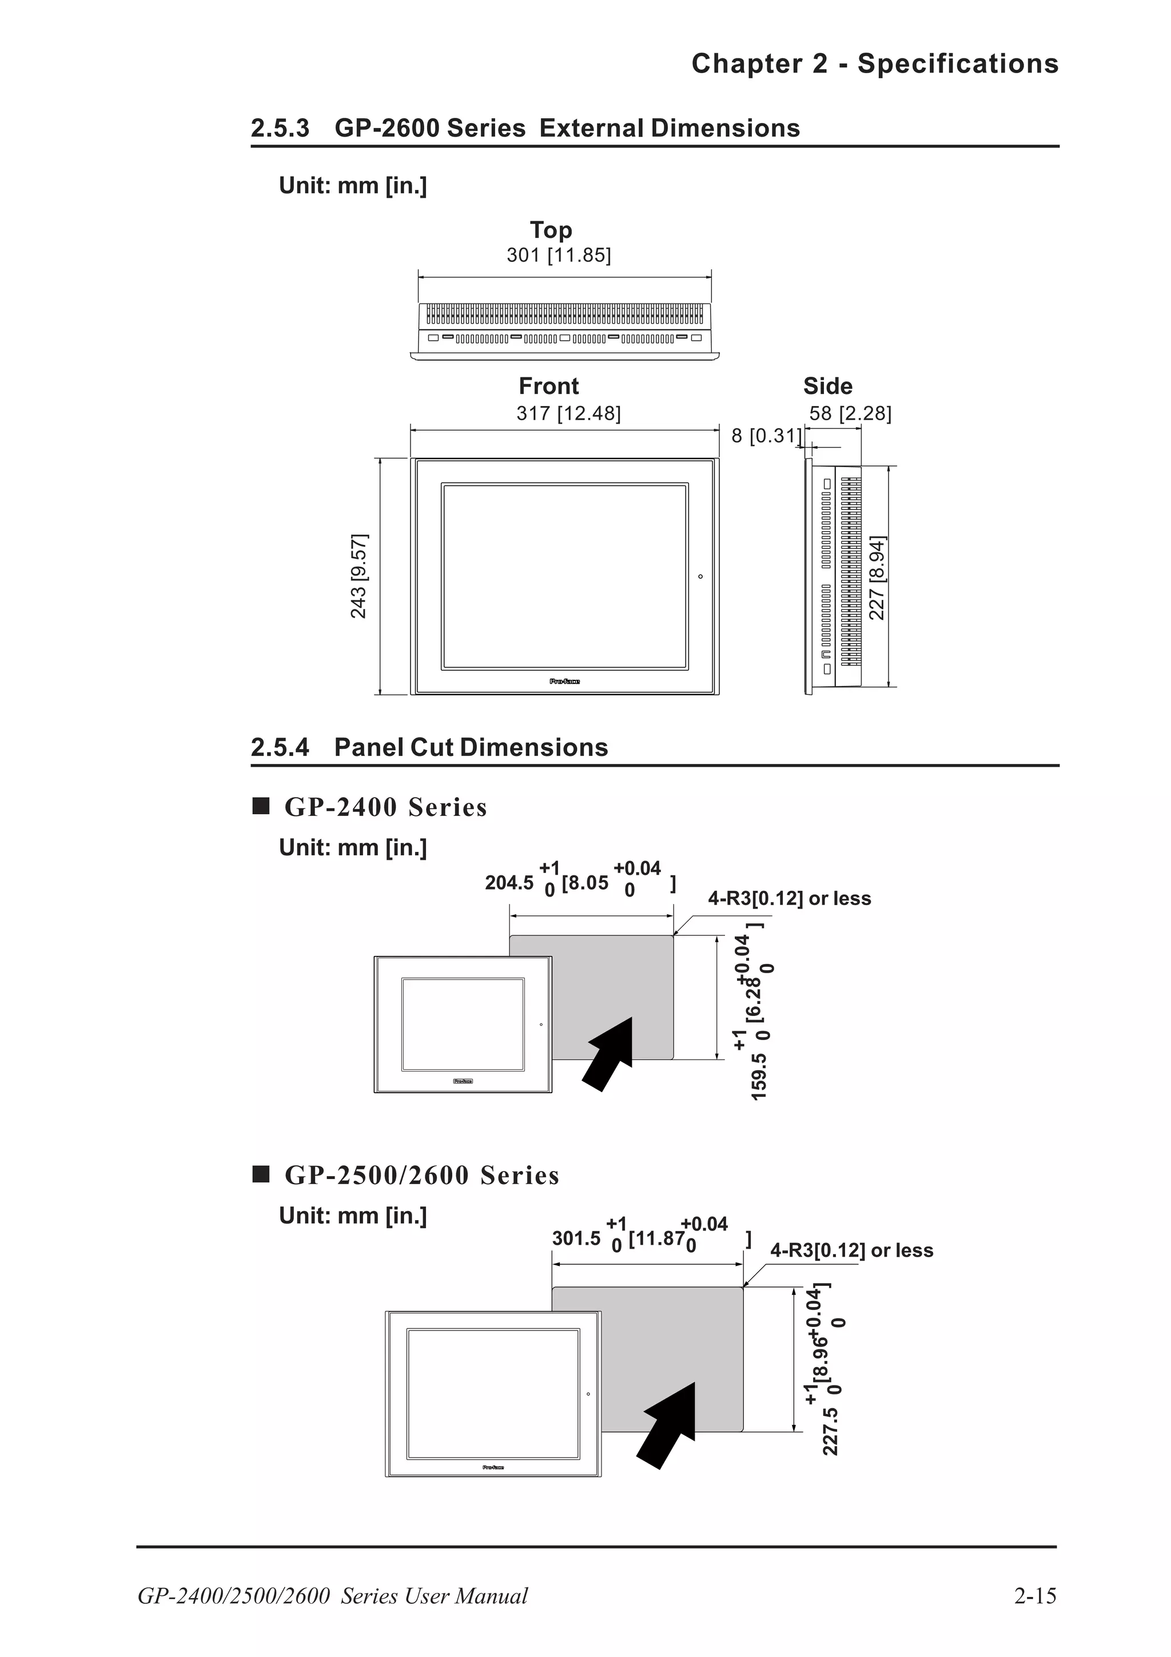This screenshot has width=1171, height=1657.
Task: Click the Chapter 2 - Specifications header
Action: point(874,63)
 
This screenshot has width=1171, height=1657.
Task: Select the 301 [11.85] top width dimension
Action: point(559,255)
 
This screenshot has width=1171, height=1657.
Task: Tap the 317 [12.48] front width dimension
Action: point(568,413)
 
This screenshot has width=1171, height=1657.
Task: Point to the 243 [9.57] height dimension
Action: point(359,576)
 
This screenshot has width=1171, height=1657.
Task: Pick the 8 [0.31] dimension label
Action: point(766,435)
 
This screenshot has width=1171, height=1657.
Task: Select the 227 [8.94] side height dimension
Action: point(876,577)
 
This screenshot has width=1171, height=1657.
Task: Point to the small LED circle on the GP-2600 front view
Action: point(700,576)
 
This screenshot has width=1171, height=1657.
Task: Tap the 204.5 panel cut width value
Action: point(509,883)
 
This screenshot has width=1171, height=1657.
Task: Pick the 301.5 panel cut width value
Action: point(576,1238)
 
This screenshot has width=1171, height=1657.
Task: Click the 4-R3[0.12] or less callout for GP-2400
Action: point(789,898)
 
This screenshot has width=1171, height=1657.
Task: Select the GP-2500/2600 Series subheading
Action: point(421,1175)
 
